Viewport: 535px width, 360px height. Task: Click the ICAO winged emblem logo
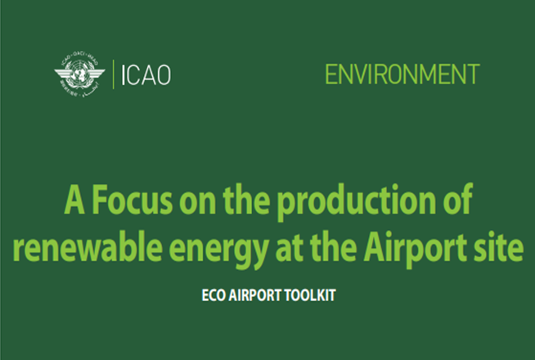(79, 74)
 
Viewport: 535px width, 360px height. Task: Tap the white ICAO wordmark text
(146, 75)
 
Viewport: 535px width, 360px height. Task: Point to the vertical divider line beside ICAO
(113, 74)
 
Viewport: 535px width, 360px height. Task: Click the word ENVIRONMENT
(402, 74)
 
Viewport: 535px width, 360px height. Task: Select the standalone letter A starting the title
(74, 200)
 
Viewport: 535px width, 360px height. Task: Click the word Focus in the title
(133, 200)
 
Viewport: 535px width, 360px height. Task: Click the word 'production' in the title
(356, 202)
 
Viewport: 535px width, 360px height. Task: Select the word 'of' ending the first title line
(457, 199)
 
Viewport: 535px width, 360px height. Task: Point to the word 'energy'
(218, 250)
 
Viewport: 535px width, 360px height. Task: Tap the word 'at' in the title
(289, 248)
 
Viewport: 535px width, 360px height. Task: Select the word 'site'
(498, 247)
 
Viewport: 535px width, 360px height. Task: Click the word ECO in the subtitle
(214, 295)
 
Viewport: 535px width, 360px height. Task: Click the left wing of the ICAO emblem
(63, 74)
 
